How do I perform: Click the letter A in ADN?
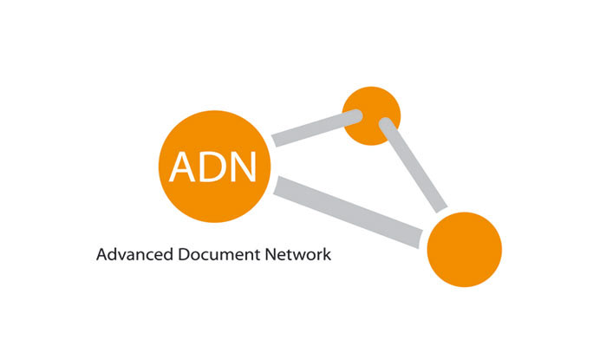click(184, 167)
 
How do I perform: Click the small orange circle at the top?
click(372, 115)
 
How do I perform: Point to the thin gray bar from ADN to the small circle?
click(312, 129)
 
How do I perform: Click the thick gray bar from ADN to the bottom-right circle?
click(351, 211)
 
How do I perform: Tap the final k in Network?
click(328, 256)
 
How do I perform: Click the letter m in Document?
click(220, 258)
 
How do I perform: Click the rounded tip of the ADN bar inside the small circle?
click(355, 118)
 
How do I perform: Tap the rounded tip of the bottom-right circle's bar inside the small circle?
click(386, 127)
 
